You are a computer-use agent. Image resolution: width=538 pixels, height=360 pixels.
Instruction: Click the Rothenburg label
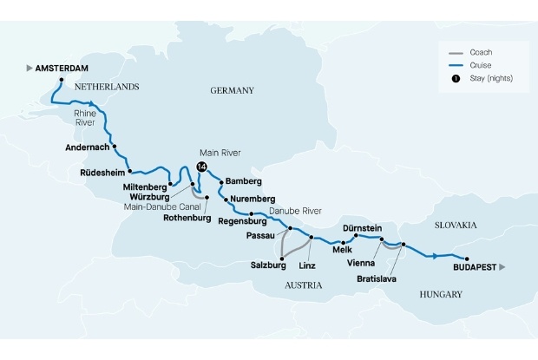click(187, 218)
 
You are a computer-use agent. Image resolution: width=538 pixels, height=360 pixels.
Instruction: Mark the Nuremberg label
click(254, 199)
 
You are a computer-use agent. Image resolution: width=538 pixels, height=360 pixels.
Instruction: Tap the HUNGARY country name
click(439, 295)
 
